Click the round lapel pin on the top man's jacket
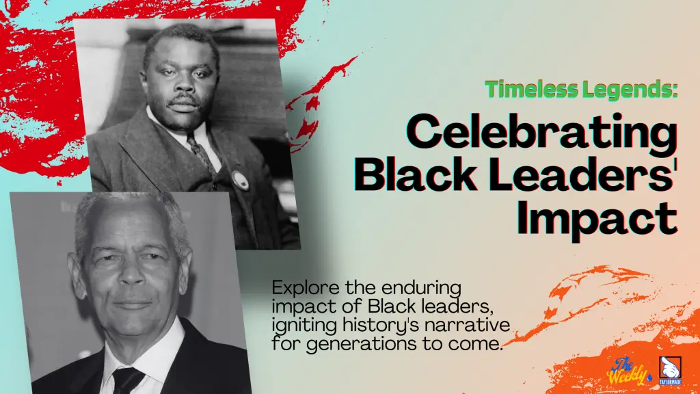[241, 179]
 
